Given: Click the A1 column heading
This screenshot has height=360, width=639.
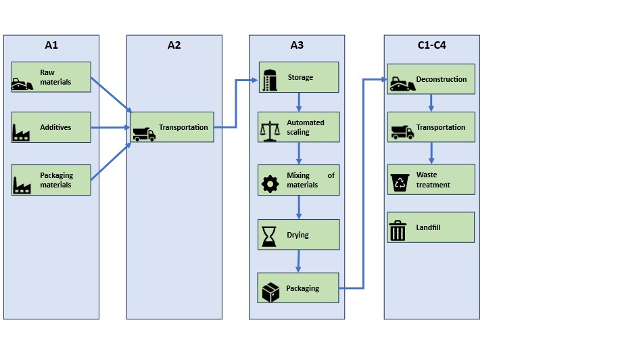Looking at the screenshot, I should click(x=51, y=45).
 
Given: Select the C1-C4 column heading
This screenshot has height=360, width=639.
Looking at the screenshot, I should click(x=431, y=45).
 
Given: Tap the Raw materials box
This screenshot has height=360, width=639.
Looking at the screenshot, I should click(x=51, y=77).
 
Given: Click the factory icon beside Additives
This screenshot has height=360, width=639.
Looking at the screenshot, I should click(x=22, y=130).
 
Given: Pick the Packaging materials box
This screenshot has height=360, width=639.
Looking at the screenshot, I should click(x=51, y=180).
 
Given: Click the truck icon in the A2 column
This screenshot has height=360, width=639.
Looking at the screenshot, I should click(x=143, y=134).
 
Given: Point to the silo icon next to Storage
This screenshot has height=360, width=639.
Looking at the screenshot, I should click(x=270, y=79).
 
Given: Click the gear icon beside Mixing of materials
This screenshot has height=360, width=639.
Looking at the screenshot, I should click(x=270, y=183).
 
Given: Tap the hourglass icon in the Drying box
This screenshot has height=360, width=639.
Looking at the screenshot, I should click(x=269, y=236).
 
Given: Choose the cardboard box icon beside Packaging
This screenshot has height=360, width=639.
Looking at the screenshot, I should click(x=270, y=292).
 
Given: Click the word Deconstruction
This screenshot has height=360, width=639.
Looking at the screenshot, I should click(x=441, y=79).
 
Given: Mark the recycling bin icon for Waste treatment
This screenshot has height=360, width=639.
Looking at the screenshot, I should click(x=400, y=183).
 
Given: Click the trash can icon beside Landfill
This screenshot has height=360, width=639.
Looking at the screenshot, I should click(x=398, y=231).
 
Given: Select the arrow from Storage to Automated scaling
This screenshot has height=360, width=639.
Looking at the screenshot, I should click(x=299, y=102).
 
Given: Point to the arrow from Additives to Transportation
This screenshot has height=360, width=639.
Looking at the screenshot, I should click(x=110, y=127).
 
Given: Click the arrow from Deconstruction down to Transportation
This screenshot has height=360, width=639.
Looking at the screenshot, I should click(x=431, y=103).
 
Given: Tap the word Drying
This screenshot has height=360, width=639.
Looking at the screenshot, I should click(x=298, y=235).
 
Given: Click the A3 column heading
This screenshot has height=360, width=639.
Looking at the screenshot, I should click(x=296, y=45).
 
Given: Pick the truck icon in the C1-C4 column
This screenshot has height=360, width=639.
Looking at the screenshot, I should click(x=402, y=133).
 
